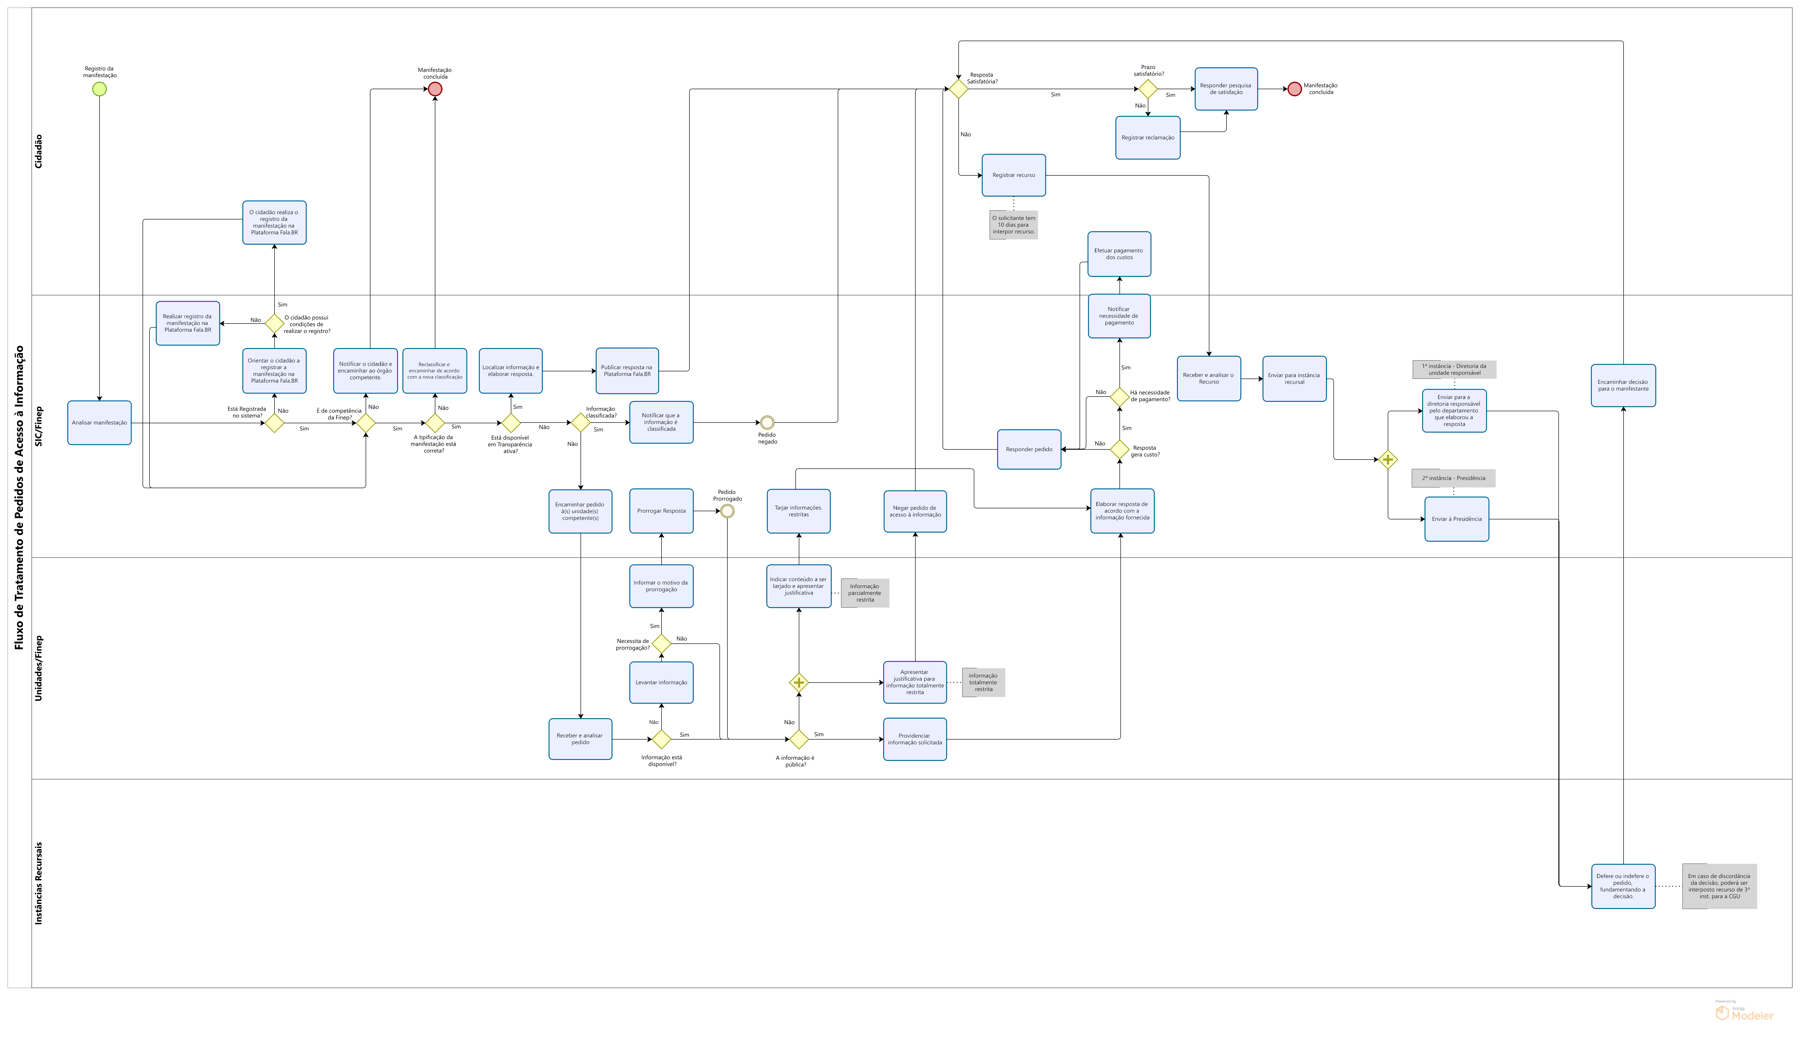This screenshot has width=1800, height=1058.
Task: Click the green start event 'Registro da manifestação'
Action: tap(99, 89)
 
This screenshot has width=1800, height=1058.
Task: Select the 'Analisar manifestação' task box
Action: tap(99, 423)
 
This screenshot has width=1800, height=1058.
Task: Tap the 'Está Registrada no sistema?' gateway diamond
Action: tap(274, 423)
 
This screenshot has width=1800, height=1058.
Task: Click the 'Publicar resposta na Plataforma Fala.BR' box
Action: tap(627, 371)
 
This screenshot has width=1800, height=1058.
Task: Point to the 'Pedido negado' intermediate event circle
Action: tap(767, 422)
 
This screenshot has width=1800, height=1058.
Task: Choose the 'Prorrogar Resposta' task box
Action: tap(662, 511)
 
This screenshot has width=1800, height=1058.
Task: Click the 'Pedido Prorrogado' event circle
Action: tap(727, 511)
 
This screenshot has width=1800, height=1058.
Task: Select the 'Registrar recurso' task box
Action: tap(1013, 175)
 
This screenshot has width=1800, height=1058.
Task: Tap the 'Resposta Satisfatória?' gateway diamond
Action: tap(959, 89)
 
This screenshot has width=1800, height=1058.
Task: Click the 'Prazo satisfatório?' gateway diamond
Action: tap(1148, 89)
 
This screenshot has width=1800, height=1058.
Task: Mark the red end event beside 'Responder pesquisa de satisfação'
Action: tap(1294, 89)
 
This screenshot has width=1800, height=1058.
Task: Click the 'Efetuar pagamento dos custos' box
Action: tap(1119, 254)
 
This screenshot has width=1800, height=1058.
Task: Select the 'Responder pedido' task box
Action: tap(1029, 449)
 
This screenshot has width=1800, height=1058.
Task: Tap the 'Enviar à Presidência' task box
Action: tap(1456, 519)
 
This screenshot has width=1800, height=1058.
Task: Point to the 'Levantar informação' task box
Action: tap(662, 682)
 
